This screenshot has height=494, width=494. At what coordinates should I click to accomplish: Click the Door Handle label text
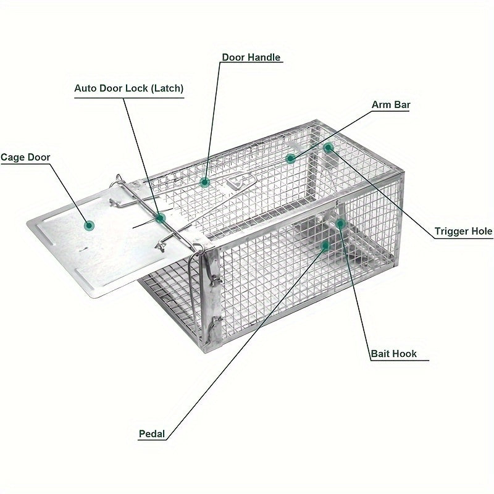coord(251,57)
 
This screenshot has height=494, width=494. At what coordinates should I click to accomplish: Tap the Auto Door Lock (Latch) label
coord(129,88)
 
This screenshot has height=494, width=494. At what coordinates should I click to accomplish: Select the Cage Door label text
coord(25,157)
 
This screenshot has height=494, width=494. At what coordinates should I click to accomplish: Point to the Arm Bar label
coord(391,104)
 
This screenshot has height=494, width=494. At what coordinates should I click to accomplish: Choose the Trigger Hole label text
coord(464,232)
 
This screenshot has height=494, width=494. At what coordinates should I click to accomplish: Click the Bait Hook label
coord(394,354)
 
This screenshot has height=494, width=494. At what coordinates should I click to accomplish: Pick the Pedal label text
coord(152,434)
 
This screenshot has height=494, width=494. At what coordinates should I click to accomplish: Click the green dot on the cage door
coord(89,225)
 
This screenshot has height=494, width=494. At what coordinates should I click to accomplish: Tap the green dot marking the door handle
coord(205,182)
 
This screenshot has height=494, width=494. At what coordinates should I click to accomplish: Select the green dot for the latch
coord(161,218)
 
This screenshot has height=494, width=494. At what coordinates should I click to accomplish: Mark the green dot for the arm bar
coord(290,158)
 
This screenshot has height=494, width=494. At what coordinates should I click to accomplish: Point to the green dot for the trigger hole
coord(329,148)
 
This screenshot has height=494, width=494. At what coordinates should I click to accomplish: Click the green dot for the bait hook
coord(340,224)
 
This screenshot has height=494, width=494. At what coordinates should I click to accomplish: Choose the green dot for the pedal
coord(325,245)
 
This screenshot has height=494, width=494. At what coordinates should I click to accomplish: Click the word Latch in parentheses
coord(167,88)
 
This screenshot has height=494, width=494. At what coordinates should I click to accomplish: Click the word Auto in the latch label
coord(86,88)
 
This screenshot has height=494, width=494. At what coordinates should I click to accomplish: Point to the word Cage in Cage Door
coord(12,157)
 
